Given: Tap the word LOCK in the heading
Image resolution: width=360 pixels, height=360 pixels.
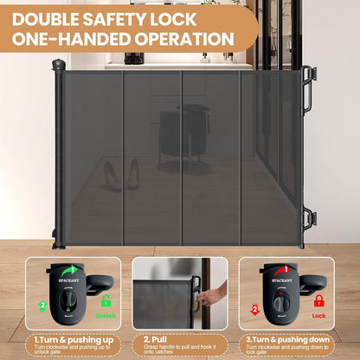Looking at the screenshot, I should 212,16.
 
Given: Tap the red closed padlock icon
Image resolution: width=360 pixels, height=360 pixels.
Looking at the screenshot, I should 318,300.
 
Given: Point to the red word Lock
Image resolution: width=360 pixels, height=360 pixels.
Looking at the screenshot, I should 318,315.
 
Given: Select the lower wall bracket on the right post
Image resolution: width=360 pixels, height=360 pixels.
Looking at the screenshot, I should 308,216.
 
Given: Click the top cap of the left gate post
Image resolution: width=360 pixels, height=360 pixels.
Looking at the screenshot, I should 58,65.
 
